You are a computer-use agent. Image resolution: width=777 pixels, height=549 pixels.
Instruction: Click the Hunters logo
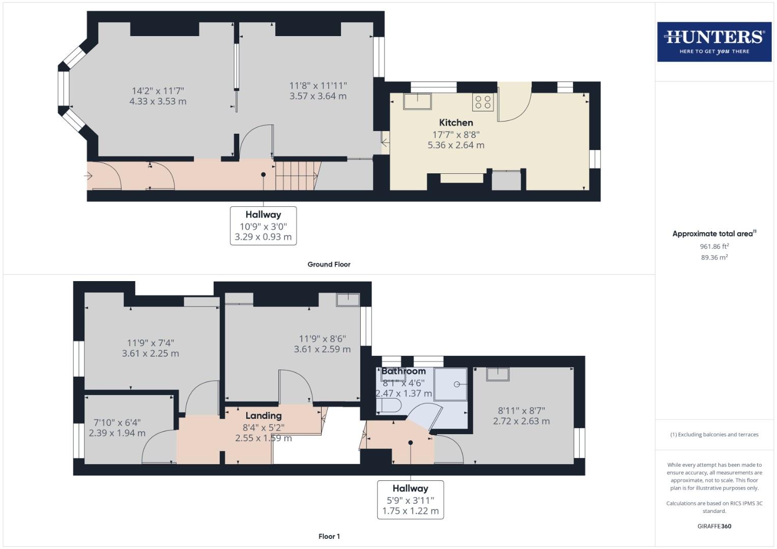(x=714, y=42)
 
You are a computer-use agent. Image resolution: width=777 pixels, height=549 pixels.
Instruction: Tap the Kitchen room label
(x=456, y=123)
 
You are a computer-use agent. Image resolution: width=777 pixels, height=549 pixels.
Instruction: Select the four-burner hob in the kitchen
(x=482, y=102)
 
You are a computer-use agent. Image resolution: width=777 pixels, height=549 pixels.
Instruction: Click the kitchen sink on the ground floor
(x=417, y=101)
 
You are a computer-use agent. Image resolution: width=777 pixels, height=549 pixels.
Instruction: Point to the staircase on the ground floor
(x=295, y=175)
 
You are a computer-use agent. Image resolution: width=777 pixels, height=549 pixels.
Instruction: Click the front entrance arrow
(x=88, y=176)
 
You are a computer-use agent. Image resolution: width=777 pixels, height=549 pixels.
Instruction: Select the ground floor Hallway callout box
(x=263, y=225)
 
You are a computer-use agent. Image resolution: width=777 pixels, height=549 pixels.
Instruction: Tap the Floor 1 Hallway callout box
(x=410, y=500)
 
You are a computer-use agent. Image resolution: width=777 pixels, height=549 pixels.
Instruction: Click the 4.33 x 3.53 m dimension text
(x=158, y=101)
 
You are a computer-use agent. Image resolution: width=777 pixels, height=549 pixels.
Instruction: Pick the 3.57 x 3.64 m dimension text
(x=318, y=96)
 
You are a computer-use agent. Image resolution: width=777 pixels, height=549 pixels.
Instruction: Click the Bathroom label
(x=404, y=371)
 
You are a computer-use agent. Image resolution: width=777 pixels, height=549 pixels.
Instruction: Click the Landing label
(x=263, y=416)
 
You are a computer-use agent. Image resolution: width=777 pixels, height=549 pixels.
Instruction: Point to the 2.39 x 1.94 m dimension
(x=117, y=433)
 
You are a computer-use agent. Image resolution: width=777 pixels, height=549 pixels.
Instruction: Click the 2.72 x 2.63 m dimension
(x=521, y=421)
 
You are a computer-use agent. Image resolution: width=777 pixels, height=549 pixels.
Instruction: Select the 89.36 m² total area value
(x=714, y=257)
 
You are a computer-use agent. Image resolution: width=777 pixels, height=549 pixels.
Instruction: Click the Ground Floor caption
(x=329, y=264)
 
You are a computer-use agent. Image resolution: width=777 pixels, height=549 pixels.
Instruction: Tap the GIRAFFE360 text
(x=714, y=526)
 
